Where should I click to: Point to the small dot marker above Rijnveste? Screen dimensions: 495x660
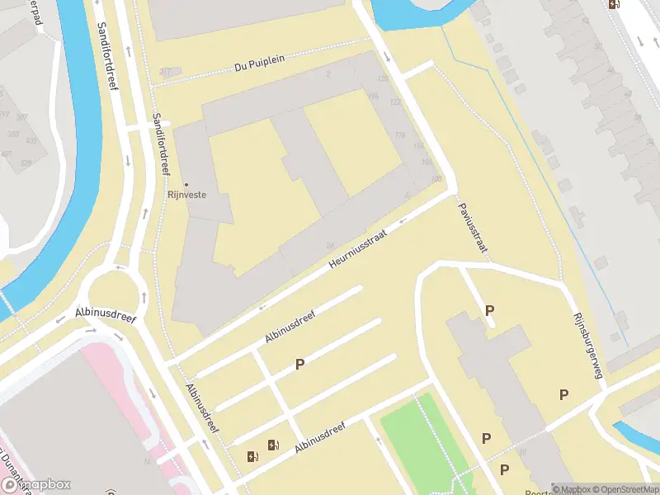coord(186,184)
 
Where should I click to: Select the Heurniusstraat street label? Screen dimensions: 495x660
coord(357,248)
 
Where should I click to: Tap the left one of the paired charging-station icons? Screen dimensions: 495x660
coord(252,455)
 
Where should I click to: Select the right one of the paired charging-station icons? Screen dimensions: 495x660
coord(272,446)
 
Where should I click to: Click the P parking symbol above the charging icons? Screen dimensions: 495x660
coord(300,364)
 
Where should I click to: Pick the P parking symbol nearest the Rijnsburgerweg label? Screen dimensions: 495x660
coord(563,394)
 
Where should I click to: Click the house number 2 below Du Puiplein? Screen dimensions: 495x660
coord(328,74)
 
